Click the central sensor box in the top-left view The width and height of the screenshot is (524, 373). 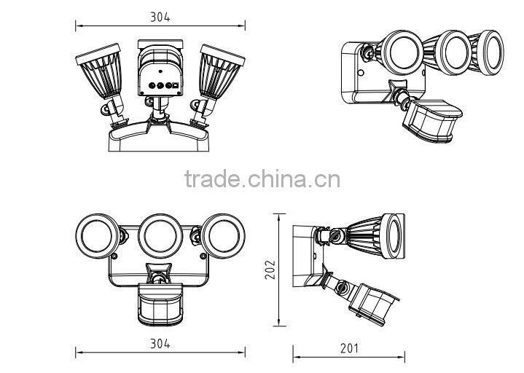point(159,76)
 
